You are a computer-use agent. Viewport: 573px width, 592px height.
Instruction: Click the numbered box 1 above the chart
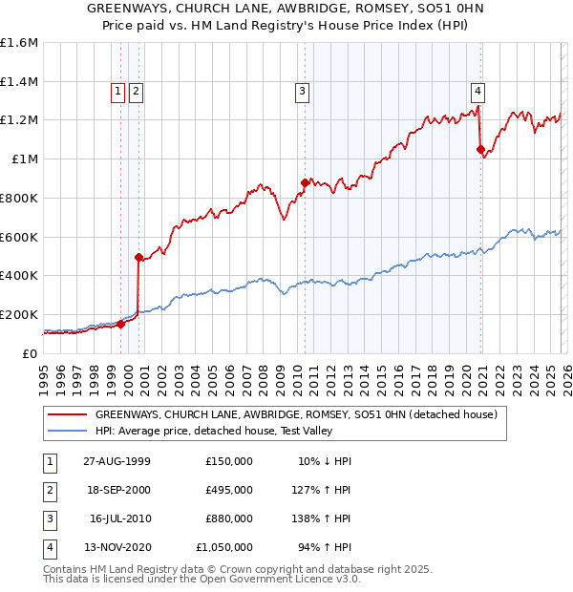117,92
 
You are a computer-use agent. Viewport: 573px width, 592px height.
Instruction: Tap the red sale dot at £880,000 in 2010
305,181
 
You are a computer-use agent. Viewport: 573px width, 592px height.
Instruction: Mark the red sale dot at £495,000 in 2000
138,257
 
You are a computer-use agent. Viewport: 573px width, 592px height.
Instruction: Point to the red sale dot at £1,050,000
480,149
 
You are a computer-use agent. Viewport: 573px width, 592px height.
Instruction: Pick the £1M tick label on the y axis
24,159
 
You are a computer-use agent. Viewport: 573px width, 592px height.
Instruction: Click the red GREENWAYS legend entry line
68,415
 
